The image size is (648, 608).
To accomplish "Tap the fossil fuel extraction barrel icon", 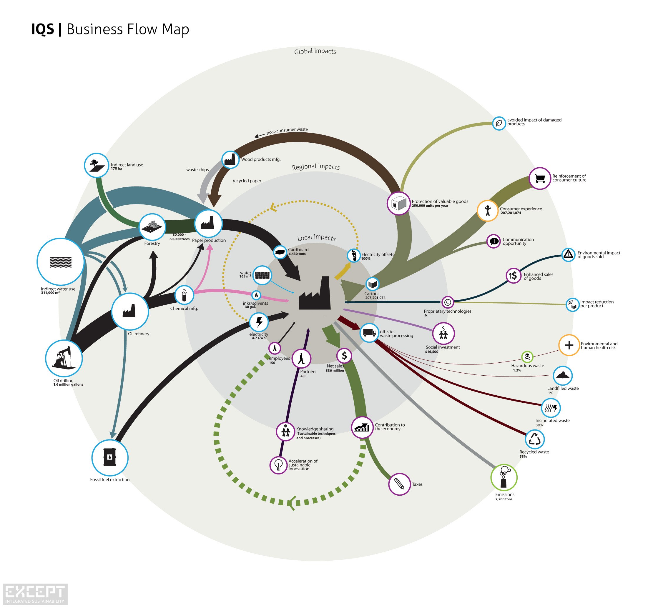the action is (110, 457).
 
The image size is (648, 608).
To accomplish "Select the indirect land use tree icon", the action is (97, 165).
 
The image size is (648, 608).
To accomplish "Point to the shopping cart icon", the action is (540, 178).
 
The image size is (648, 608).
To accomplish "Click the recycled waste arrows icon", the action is (535, 439).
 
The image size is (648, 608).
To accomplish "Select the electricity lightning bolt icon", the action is (259, 322).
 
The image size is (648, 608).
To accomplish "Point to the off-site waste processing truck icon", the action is (369, 333).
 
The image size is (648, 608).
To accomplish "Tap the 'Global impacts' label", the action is (315, 51).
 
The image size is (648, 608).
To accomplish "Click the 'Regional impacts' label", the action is (315, 167).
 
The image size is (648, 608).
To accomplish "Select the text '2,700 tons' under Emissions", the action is (504, 499).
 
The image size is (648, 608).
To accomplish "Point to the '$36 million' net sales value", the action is (335, 370).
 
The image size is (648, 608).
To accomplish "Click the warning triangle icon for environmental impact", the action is (569, 254).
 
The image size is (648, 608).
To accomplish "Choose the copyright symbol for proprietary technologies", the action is (448, 302).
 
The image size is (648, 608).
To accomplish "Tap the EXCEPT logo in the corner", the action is (35, 594).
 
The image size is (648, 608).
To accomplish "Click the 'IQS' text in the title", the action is (43, 29).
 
